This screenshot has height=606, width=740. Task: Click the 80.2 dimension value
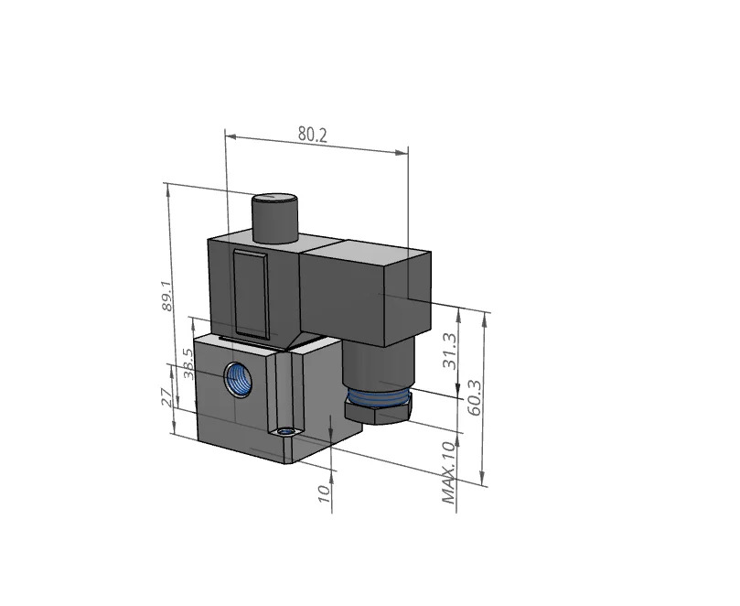click(x=312, y=135)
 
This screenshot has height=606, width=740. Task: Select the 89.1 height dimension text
click(x=166, y=297)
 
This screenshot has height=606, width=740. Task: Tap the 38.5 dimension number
click(x=188, y=363)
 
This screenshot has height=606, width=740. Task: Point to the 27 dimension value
click(x=166, y=397)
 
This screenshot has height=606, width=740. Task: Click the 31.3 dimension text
click(x=449, y=352)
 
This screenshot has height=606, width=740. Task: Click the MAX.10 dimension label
click(x=450, y=471)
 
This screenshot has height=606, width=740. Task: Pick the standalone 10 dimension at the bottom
click(x=324, y=493)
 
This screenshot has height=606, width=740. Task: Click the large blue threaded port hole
click(x=238, y=379)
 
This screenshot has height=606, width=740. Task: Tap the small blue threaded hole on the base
click(x=284, y=432)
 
